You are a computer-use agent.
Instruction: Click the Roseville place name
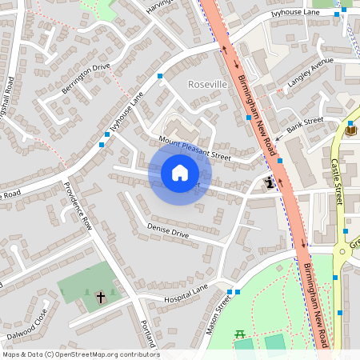[x=207, y=84]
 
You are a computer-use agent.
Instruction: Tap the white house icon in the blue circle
[x=179, y=172]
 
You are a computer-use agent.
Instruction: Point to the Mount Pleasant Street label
[x=194, y=149]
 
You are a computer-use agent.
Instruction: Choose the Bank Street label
[x=305, y=125]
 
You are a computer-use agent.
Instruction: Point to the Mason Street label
[x=218, y=314]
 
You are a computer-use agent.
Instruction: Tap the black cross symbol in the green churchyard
[x=101, y=297]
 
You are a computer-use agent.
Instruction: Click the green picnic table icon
[x=238, y=334]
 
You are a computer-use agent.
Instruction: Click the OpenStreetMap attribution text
[x=80, y=354]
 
